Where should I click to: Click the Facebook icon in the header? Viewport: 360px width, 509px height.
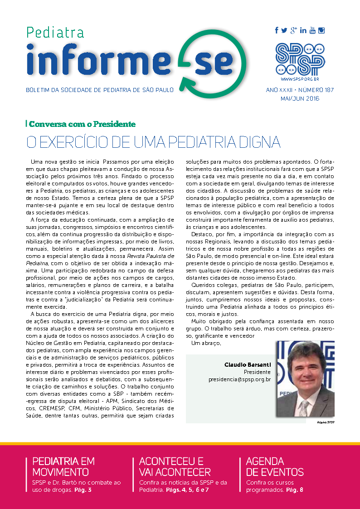pyautogui.click(x=277, y=30)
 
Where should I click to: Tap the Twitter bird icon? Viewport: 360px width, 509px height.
pyautogui.click(x=284, y=30)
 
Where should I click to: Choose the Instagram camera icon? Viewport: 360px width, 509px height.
pyautogui.click(x=321, y=30)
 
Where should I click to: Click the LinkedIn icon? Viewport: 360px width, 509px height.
pyautogui.click(x=303, y=30)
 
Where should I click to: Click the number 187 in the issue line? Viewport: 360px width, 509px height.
pyautogui.click(x=328, y=90)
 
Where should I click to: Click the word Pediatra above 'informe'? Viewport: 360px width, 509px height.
pyautogui.click(x=55, y=33)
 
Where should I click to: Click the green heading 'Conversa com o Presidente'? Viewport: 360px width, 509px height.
pyautogui.click(x=83, y=124)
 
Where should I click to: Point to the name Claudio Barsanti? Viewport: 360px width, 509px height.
pyautogui.click(x=247, y=364)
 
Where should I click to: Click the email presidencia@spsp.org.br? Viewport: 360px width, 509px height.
pyautogui.click(x=239, y=379)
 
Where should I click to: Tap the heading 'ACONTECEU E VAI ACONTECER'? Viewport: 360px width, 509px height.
pyautogui.click(x=175, y=466)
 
